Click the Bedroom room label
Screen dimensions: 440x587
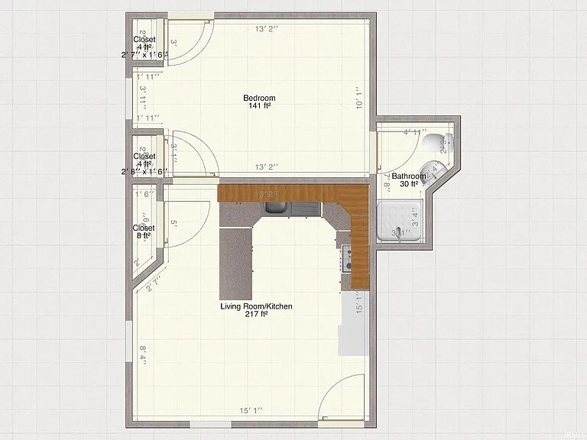pos(259,98)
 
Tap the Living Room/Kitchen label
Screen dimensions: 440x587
pos(257,306)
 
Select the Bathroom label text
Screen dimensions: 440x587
pos(409,176)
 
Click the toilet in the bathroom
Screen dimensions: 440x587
pos(436,141)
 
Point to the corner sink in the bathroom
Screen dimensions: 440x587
pos(436,170)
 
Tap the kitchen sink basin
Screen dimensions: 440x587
pos(276,208)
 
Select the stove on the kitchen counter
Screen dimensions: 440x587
pos(347,258)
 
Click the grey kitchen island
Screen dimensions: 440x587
pos(236,264)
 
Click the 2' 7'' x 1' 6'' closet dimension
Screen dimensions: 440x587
pos(144,55)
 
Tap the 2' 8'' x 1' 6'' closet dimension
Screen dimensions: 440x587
pos(144,172)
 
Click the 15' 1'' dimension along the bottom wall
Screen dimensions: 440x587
pos(251,411)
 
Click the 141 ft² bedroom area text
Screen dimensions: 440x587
pos(259,106)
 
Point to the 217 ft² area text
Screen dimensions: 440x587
pos(257,315)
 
